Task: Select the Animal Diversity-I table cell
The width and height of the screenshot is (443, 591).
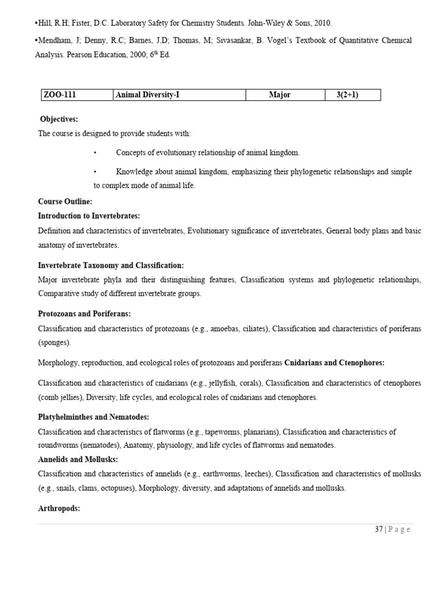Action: click(x=147, y=95)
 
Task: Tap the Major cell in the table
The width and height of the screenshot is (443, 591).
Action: click(x=280, y=95)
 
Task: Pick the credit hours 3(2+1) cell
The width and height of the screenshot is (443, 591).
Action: click(x=347, y=95)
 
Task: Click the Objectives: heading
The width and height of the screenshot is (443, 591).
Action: click(x=59, y=119)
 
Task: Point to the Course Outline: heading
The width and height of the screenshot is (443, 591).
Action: click(x=65, y=201)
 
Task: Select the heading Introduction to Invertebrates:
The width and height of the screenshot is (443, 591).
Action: click(x=89, y=216)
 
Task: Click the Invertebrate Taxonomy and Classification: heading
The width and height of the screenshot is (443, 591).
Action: click(x=111, y=265)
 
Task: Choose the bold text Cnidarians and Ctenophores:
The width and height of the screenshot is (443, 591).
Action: click(x=335, y=362)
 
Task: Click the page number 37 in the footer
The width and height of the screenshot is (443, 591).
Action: click(x=378, y=530)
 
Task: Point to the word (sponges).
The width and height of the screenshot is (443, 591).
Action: click(x=55, y=342)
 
